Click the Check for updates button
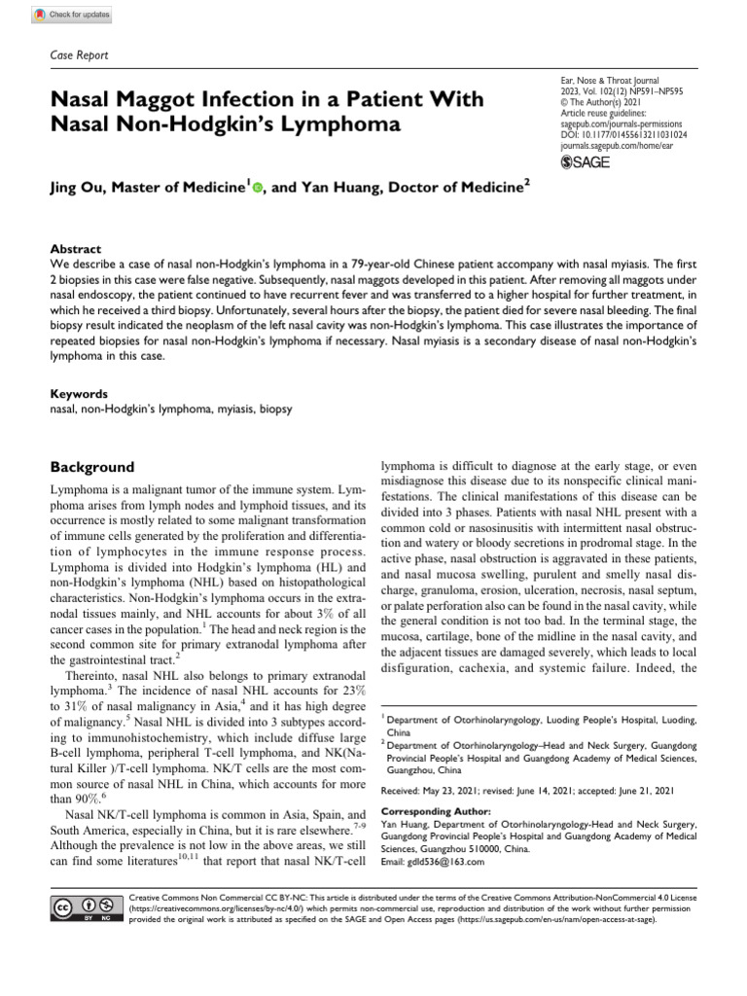pyautogui.click(x=72, y=16)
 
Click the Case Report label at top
pyautogui.click(x=79, y=55)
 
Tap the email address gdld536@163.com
pyautogui.click(x=436, y=862)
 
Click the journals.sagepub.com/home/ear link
pyautogui.click(x=622, y=148)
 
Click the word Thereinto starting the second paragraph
pyautogui.click(x=94, y=675)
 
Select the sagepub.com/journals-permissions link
pyautogui.click(x=622, y=125)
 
